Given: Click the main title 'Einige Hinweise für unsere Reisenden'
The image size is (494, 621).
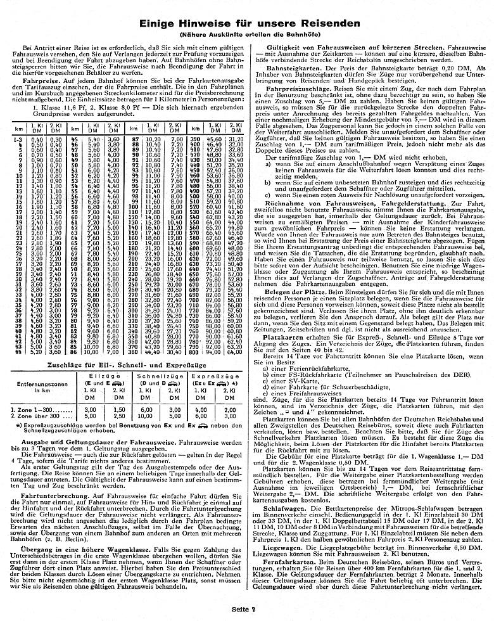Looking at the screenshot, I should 247,23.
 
